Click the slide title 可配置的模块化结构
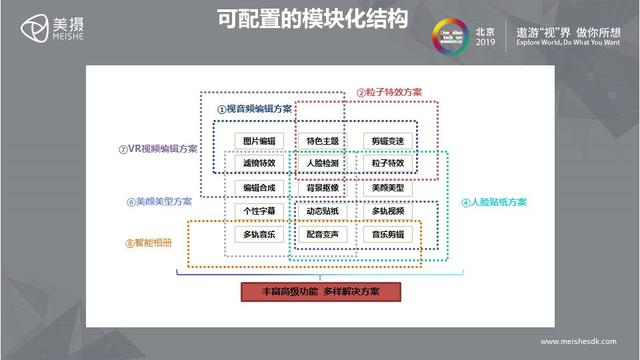pos(299,20)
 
